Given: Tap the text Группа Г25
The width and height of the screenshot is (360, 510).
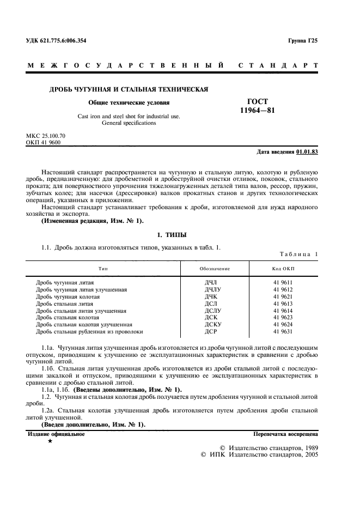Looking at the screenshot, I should click(303, 41).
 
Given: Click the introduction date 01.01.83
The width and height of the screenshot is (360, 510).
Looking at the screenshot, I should click(307, 151).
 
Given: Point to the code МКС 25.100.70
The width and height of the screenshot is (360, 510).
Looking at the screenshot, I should click(46, 135).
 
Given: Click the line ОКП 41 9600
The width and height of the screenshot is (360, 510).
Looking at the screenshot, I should click(44, 142).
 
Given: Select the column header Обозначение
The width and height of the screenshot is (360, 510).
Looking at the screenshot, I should click(215, 269).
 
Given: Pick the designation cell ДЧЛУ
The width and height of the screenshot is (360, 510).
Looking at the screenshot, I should click(213, 290).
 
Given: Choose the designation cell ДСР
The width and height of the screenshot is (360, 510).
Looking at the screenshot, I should click(211, 331).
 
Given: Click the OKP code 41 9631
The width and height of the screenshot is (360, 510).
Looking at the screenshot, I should click(283, 331).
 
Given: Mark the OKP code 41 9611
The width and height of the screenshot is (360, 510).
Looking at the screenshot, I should click(283, 283).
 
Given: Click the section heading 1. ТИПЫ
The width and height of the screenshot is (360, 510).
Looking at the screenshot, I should click(172, 235).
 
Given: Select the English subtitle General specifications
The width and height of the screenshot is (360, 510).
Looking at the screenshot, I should click(129, 123).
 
